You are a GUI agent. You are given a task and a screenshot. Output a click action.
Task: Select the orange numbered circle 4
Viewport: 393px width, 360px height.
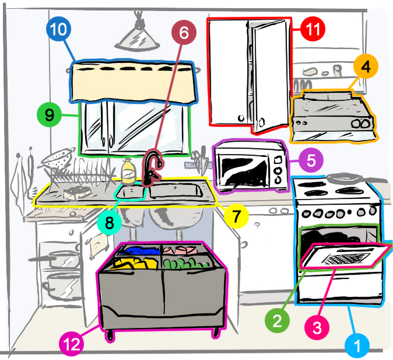[366, 68]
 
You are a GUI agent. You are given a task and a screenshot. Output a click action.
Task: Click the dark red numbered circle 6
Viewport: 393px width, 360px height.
[184, 34]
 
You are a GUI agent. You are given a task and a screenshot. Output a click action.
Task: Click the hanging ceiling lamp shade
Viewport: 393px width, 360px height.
[139, 39]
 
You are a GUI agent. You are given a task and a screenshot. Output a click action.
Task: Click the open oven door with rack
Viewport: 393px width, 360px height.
[344, 256]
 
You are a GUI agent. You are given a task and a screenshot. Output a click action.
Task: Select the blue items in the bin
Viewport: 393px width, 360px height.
[134, 254]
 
